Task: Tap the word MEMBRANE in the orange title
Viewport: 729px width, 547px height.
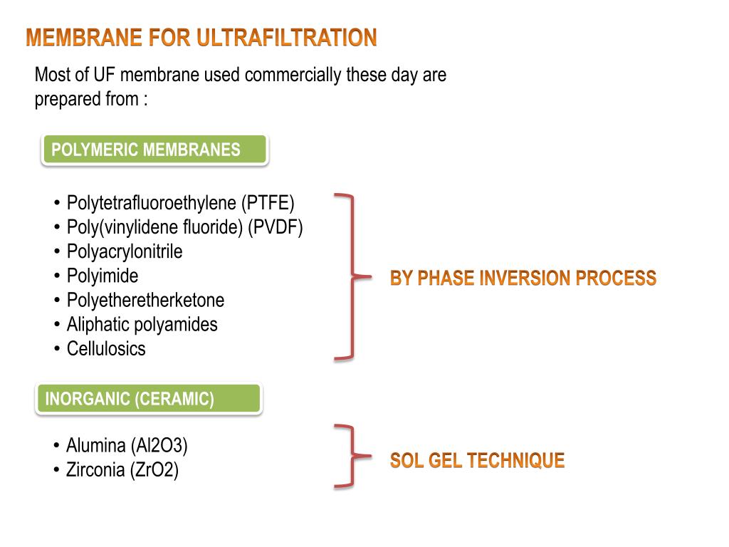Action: pyautogui.click(x=84, y=38)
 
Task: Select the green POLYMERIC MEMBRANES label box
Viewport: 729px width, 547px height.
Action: pyautogui.click(x=154, y=150)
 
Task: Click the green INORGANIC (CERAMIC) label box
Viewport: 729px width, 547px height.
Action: pyautogui.click(x=148, y=399)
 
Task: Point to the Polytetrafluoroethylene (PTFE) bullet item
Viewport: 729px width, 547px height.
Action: pyautogui.click(x=180, y=203)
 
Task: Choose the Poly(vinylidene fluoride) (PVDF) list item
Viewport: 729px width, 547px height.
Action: pyautogui.click(x=184, y=227)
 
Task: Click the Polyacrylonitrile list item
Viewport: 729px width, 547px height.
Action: pyautogui.click(x=125, y=251)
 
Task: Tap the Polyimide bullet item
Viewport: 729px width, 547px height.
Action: pyautogui.click(x=103, y=276)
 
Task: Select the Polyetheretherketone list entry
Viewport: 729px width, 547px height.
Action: pyautogui.click(x=145, y=300)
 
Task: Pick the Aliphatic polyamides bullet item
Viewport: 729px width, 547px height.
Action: pyautogui.click(x=142, y=324)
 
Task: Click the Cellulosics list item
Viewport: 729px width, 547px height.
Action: pyautogui.click(x=106, y=348)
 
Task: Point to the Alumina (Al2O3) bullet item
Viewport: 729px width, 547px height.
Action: pyautogui.click(x=127, y=446)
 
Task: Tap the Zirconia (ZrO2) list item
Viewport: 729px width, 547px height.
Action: pyautogui.click(x=122, y=470)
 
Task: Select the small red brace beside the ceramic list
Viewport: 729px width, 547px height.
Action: pyautogui.click(x=349, y=457)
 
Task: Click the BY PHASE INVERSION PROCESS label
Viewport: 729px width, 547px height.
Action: pyautogui.click(x=523, y=278)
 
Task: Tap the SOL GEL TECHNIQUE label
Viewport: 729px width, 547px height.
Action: pyautogui.click(x=477, y=461)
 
